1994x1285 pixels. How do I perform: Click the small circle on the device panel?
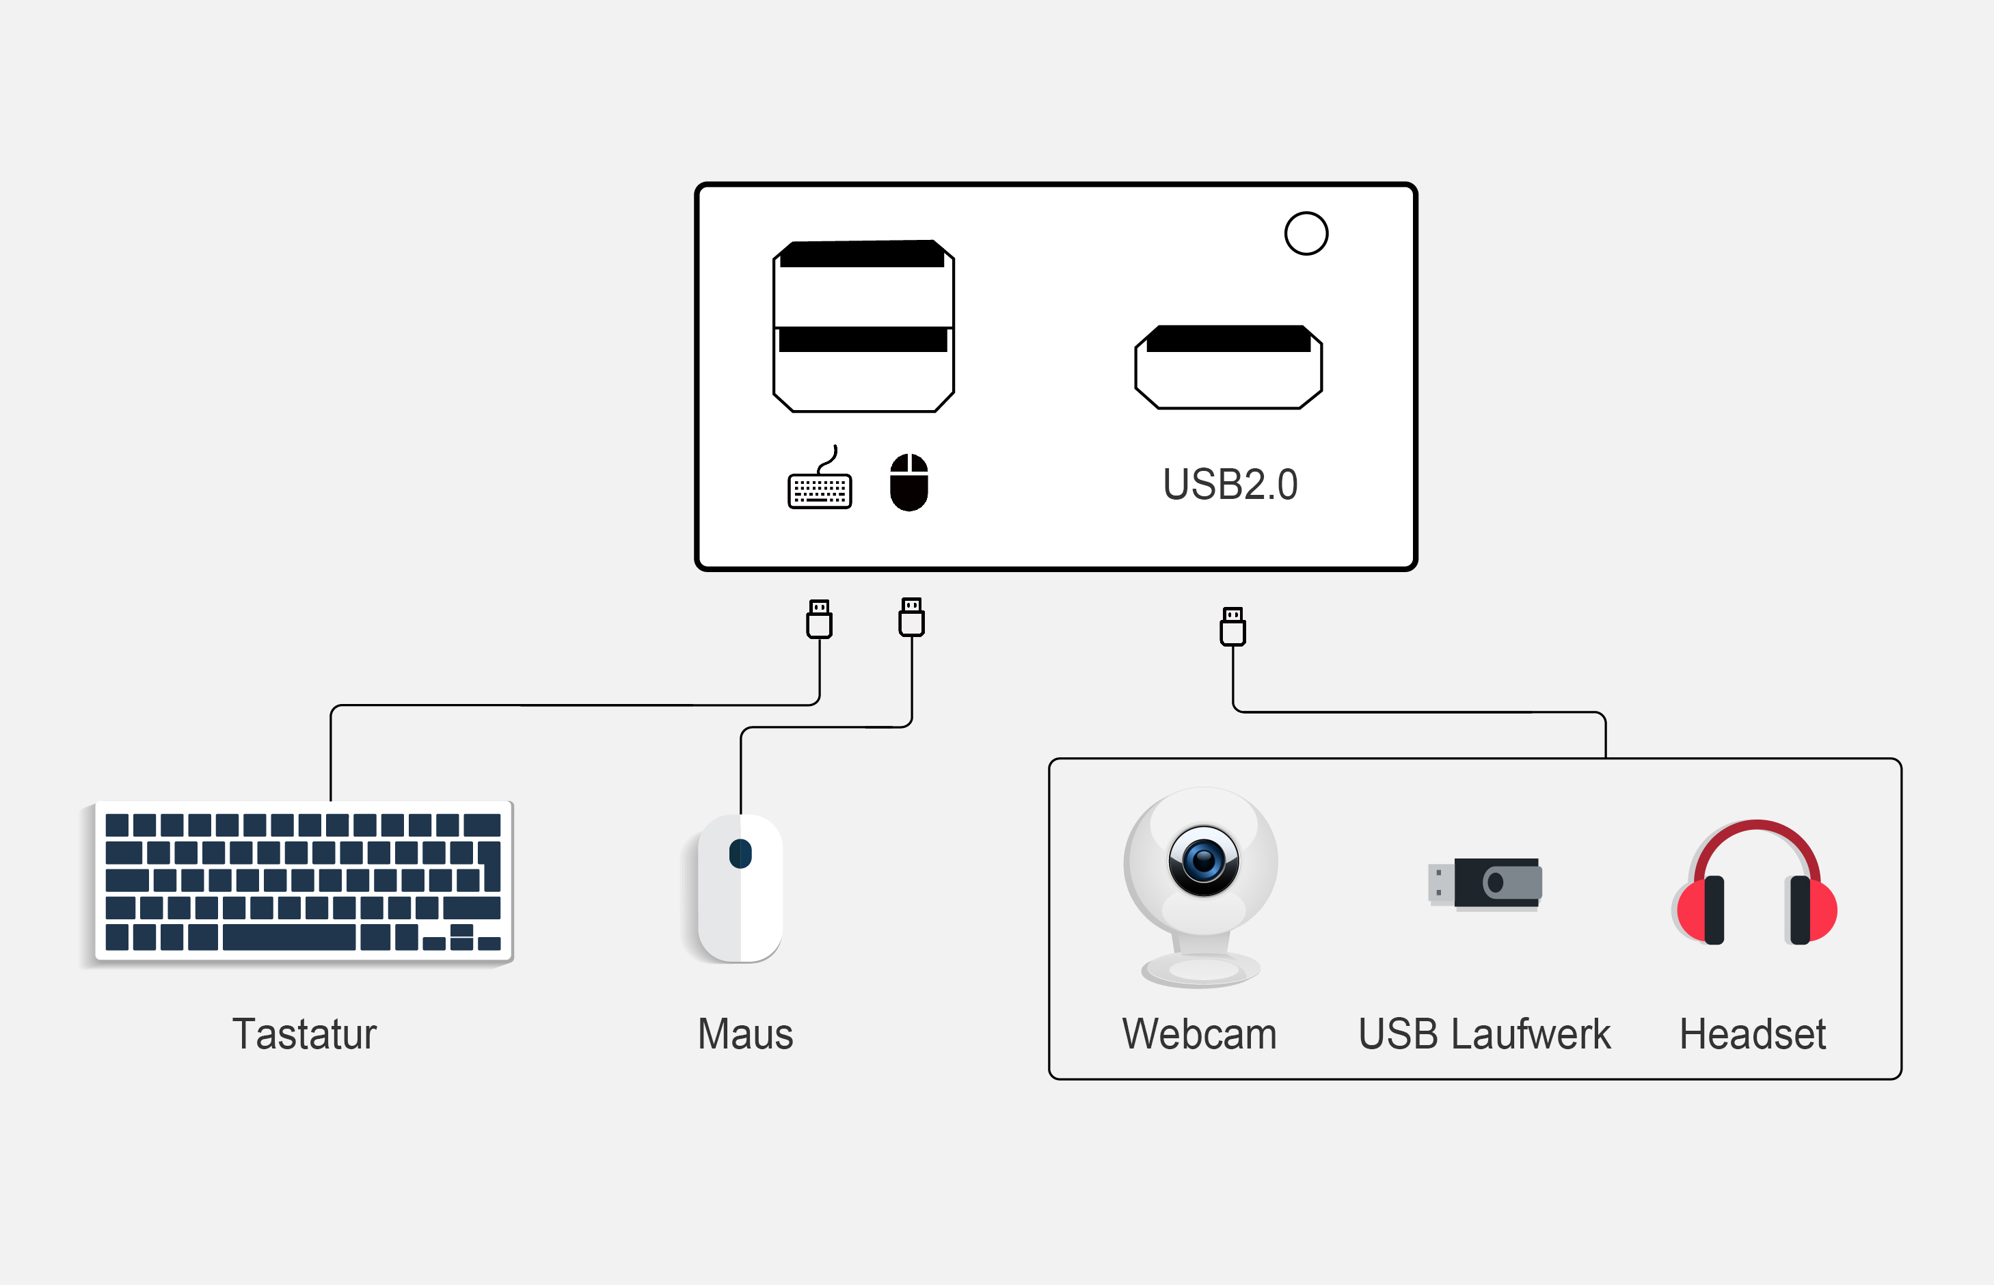pyautogui.click(x=1306, y=234)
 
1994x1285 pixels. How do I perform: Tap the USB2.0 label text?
pyautogui.click(x=1230, y=485)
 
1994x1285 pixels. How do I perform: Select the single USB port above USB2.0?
pyautogui.click(x=1228, y=368)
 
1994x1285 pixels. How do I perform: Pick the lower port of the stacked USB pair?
pyautogui.click(x=863, y=371)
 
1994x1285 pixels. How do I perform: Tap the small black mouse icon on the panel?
pyautogui.click(x=908, y=483)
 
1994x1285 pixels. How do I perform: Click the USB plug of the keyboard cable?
pyautogui.click(x=820, y=619)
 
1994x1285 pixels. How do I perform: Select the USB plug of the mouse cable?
pyautogui.click(x=911, y=617)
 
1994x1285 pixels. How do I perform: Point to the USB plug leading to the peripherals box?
pyautogui.click(x=1232, y=627)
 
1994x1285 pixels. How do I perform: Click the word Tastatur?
pyautogui.click(x=304, y=1034)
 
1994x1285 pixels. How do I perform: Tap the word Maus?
pyautogui.click(x=745, y=1034)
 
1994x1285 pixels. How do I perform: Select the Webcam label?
pyautogui.click(x=1199, y=1034)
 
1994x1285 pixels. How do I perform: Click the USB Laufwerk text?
pyautogui.click(x=1483, y=1034)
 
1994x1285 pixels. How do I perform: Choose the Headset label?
pyautogui.click(x=1752, y=1034)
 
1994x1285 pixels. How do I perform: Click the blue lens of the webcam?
pyautogui.click(x=1203, y=861)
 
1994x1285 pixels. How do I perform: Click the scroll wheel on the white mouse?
pyautogui.click(x=740, y=854)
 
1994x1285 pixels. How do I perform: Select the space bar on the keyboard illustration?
pyautogui.click(x=288, y=937)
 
